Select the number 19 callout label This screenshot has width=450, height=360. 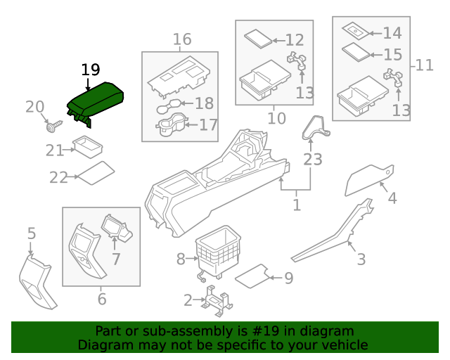[x=91, y=70]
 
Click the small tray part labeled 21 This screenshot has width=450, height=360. [x=86, y=148]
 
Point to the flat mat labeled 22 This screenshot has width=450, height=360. [x=95, y=173]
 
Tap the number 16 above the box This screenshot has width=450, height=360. [x=182, y=39]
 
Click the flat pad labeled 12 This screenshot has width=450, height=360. [x=257, y=39]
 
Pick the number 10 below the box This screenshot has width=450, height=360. [x=276, y=117]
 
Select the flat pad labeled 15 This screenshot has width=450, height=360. [x=354, y=52]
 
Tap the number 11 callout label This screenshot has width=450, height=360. [x=425, y=65]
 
